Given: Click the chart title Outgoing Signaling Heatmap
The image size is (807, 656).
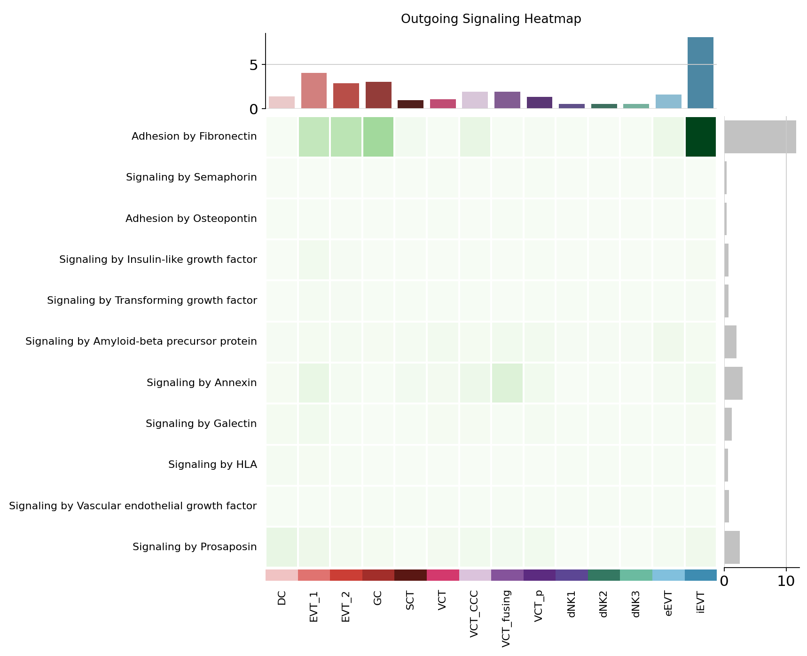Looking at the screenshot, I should coord(491,19).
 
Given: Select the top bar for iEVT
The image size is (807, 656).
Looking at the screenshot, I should coord(700,73).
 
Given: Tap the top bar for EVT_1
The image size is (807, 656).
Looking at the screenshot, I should coord(314,91).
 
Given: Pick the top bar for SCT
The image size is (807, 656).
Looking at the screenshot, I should coord(410,104).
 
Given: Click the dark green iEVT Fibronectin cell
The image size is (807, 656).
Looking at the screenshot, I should coord(700,136).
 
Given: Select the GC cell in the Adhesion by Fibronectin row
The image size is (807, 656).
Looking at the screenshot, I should coord(378,136).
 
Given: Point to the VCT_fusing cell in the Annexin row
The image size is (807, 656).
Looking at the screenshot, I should coord(507,383).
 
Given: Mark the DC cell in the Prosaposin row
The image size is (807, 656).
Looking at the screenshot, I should coord(282,547).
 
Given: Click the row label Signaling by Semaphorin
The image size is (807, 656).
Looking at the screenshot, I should coord(191,177).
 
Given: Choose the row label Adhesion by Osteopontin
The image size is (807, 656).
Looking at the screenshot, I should coord(191,219).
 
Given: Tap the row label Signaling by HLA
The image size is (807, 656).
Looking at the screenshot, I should coord(212,465).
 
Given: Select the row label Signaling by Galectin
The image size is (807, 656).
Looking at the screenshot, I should coord(201,424).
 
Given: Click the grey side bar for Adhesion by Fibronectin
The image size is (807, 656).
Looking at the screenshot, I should coord(760,136).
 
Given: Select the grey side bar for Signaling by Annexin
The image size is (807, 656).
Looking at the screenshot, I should coord(733,383).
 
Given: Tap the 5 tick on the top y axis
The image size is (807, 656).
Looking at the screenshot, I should coord(254,64).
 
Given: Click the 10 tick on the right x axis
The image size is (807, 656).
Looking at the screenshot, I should coord(786,581).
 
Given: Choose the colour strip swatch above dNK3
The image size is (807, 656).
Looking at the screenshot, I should coord(636,575).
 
